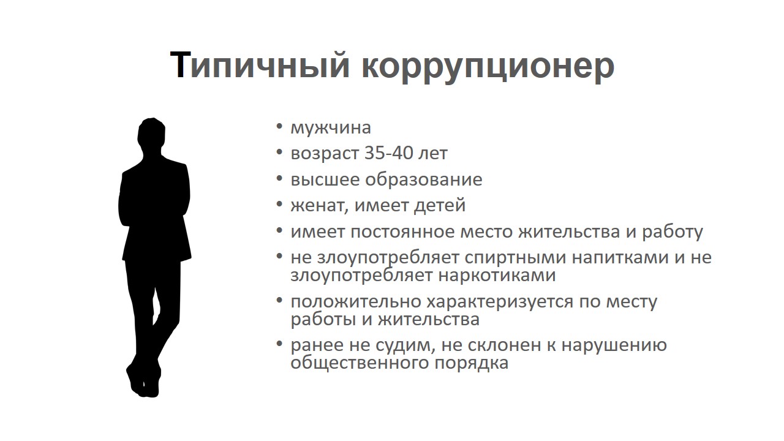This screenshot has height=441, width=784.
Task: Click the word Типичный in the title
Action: coord(260,66)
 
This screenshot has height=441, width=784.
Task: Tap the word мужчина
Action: coord(330,128)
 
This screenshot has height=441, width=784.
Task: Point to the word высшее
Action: coord(325,179)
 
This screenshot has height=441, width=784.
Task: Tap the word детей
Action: coord(440,205)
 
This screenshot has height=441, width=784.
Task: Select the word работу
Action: coord(673,232)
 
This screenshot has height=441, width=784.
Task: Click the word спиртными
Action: coord(516,258)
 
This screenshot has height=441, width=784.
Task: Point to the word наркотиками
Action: coord(497,275)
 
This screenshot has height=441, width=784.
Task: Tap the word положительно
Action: coord(356,302)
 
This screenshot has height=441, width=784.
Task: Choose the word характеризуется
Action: coord(500,302)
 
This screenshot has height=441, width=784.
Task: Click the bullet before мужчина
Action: coord(279,126)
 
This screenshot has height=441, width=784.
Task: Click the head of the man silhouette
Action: coord(151,136)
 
